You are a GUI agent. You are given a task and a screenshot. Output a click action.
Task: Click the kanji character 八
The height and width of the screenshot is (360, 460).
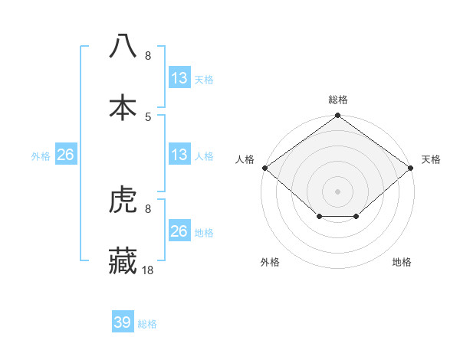[x=123, y=45]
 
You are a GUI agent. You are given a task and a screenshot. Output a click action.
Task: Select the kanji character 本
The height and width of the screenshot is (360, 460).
[x=123, y=107]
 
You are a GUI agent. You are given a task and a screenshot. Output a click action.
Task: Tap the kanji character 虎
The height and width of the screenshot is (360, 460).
[x=123, y=201]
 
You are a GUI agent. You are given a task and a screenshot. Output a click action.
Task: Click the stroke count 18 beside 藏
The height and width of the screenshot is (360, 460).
[x=148, y=270]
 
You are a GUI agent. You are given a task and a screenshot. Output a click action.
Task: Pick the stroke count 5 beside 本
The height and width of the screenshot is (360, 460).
[x=148, y=116]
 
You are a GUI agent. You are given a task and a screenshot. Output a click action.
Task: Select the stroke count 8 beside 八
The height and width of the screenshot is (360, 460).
[x=148, y=55]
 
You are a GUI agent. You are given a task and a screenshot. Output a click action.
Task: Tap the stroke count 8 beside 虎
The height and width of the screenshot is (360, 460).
[x=148, y=208]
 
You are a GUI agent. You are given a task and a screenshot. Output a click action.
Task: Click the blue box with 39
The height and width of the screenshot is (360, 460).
[x=123, y=322]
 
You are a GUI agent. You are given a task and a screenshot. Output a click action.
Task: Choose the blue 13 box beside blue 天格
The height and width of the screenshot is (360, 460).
[x=179, y=78]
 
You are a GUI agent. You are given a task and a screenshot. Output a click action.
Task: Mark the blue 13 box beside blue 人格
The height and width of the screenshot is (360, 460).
[x=179, y=155]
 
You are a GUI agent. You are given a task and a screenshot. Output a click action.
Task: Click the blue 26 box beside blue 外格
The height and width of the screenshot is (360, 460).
[x=66, y=155]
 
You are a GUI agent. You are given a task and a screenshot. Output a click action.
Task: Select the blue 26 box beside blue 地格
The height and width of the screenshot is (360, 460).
[x=179, y=231]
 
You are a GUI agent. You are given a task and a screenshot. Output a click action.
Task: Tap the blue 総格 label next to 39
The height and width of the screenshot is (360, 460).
[x=147, y=324]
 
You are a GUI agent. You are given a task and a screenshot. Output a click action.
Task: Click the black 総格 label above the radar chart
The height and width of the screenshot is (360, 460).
[x=338, y=100]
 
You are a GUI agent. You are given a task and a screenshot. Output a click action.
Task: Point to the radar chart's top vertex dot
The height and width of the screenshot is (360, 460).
[x=338, y=116]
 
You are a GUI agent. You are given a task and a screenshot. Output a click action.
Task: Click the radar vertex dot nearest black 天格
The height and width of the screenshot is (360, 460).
[x=412, y=168]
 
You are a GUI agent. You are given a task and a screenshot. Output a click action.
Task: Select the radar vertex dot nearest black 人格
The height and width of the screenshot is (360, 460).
[x=264, y=168]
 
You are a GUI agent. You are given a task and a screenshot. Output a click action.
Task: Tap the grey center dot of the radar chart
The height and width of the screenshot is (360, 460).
[x=338, y=191]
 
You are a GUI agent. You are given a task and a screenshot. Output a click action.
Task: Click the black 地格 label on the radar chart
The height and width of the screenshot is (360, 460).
[x=402, y=262]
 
